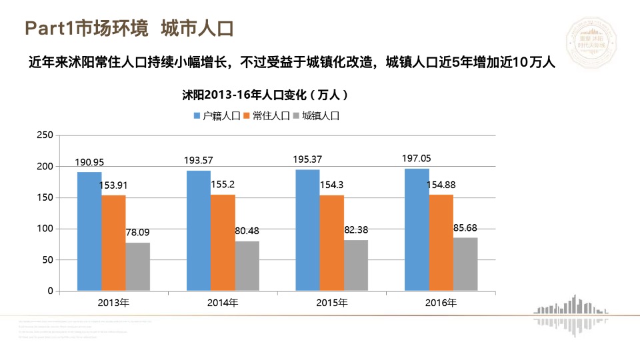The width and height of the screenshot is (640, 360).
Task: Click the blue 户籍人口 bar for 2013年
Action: coord(89,231)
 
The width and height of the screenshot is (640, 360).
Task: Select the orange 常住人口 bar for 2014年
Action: coord(223,243)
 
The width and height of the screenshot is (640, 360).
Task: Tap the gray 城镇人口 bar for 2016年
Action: coord(465,264)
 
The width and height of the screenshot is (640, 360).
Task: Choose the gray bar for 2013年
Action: coord(138,267)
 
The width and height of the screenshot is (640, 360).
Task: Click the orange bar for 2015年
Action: coord(331,243)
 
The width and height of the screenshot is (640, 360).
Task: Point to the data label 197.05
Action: coord(417,159)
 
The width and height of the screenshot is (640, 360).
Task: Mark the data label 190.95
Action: coord(89,162)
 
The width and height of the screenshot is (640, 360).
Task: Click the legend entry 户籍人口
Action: coord(217,115)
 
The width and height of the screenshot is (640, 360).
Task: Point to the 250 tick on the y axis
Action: coord(44,135)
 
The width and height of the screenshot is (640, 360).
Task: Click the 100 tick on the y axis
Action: coord(44,229)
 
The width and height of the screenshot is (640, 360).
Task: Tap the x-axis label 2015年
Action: coord(332,303)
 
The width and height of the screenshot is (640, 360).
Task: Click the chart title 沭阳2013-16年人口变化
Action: coord(265,95)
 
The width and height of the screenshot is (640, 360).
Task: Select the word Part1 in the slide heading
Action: coord(48,29)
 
